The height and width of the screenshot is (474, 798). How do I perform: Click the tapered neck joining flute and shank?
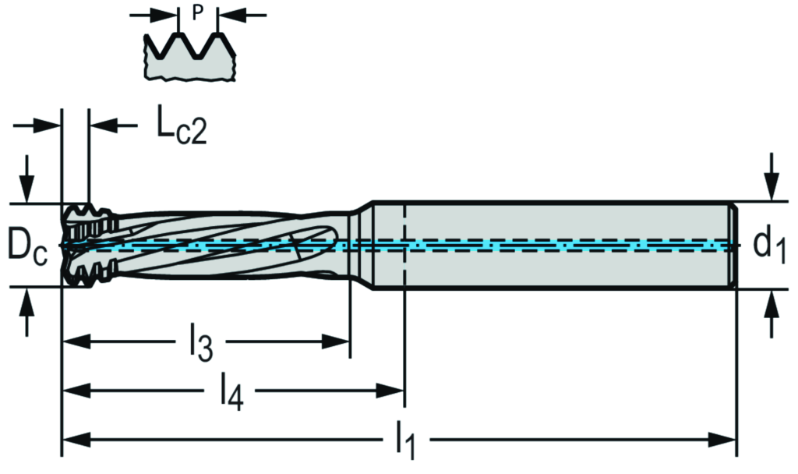coord(360,245)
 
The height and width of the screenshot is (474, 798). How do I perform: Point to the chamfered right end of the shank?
coord(734,245)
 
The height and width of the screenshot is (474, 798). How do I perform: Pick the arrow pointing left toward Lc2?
coord(104,125)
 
